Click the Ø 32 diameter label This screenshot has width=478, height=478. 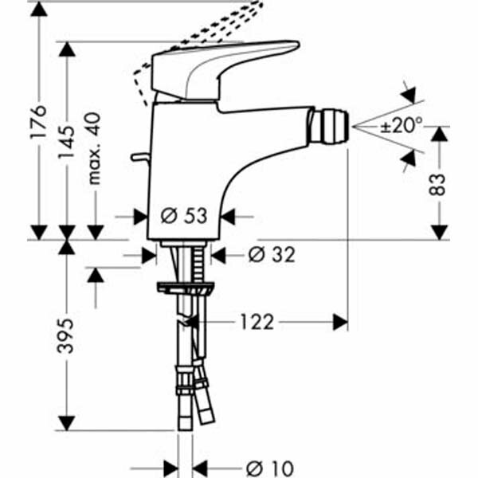click(x=271, y=254)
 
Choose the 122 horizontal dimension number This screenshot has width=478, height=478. click(x=256, y=322)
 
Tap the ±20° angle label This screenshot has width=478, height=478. click(x=402, y=125)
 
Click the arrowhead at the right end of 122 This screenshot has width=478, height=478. click(x=343, y=322)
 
